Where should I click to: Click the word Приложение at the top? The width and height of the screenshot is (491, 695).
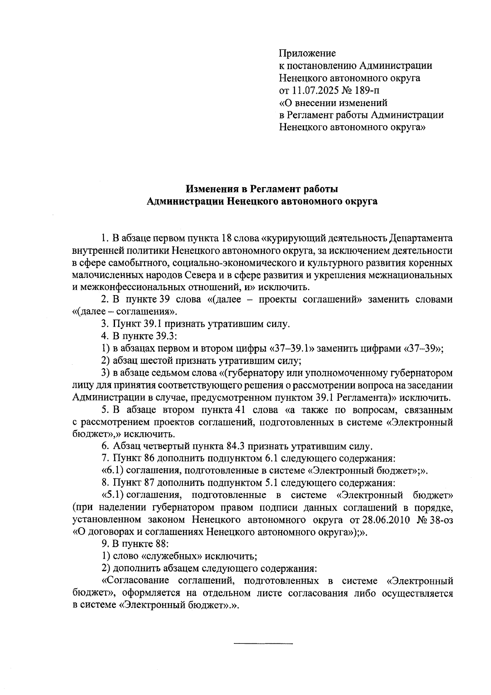pos(307,53)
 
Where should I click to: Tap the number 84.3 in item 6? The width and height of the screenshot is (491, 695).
pos(235,446)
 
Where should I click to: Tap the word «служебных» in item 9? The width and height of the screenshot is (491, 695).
pos(171,557)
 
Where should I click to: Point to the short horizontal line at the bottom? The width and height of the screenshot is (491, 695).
pos(263,644)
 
